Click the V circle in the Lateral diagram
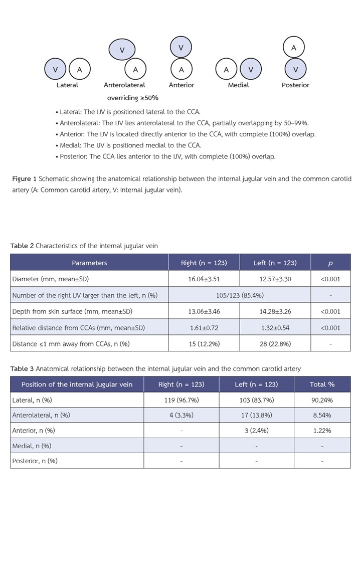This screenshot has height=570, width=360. pyautogui.click(x=55, y=70)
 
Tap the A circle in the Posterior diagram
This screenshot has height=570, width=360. pyautogui.click(x=294, y=48)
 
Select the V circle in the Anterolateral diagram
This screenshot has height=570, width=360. pyautogui.click(x=122, y=50)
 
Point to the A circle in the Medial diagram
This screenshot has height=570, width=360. pyautogui.click(x=226, y=70)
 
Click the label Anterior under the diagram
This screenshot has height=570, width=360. pyautogui.click(x=182, y=85)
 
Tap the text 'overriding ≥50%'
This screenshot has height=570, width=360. pyautogui.click(x=132, y=98)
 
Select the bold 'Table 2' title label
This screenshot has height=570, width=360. pyautogui.click(x=22, y=246)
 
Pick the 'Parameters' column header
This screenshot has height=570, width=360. pyautogui.click(x=89, y=263)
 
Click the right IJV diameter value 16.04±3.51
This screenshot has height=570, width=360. pyautogui.click(x=204, y=279)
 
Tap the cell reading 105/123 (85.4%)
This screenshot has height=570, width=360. pyautogui.click(x=240, y=295)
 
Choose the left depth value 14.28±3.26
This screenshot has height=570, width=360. pyautogui.click(x=275, y=311)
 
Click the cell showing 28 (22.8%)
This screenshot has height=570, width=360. pyautogui.click(x=275, y=343)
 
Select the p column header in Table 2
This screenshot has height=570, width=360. pyautogui.click(x=330, y=263)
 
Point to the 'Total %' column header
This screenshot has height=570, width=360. pyautogui.click(x=322, y=385)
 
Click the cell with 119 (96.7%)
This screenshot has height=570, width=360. pyautogui.click(x=181, y=400)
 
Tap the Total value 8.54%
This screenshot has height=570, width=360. pyautogui.click(x=322, y=415)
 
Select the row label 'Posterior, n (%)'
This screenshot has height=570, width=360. pyautogui.click(x=35, y=461)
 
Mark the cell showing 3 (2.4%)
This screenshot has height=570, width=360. pyautogui.click(x=256, y=430)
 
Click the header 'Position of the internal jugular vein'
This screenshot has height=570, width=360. pyautogui.click(x=77, y=385)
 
